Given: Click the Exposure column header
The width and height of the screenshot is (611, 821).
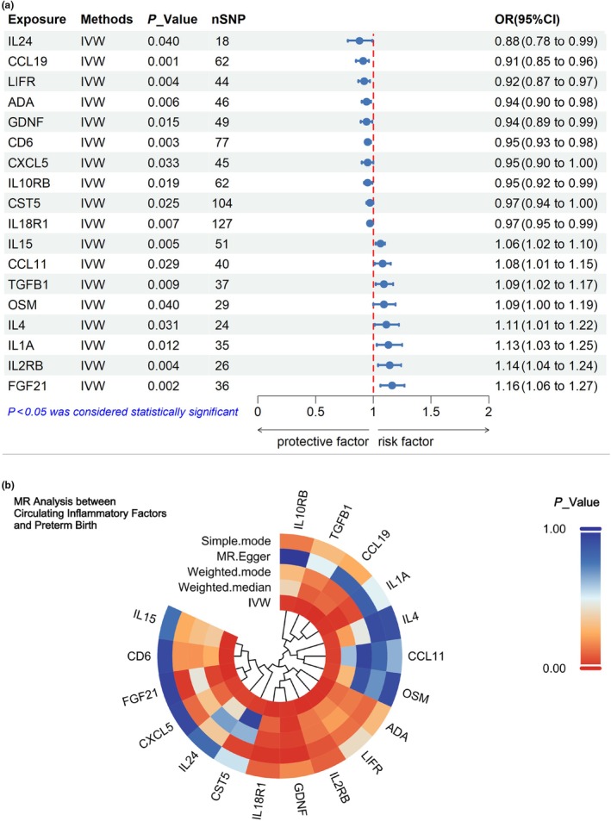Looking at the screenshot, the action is [x=37, y=19].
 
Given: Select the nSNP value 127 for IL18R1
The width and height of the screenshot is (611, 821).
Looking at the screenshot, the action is [x=222, y=224].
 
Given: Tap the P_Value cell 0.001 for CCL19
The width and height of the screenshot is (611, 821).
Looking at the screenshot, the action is [x=164, y=61].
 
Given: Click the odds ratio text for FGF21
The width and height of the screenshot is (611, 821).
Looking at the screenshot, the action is [x=546, y=386].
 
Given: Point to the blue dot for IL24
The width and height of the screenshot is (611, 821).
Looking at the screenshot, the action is [x=359, y=40].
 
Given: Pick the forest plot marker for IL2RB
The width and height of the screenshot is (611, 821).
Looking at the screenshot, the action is [x=390, y=365].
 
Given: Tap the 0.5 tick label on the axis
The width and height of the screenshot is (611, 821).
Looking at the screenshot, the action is [x=315, y=412].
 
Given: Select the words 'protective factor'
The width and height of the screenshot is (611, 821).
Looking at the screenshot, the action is [x=322, y=442].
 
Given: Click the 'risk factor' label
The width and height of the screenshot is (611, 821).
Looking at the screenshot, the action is [x=406, y=442].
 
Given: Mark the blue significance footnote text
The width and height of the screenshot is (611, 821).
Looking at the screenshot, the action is [x=123, y=412].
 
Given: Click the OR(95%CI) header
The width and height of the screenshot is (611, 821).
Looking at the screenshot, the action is [x=527, y=19].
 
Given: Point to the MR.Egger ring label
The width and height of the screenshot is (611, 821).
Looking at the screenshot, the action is [x=244, y=556].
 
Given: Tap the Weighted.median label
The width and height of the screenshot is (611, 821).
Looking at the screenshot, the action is [x=225, y=588].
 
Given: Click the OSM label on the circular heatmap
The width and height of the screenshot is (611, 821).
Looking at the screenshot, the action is [x=415, y=696].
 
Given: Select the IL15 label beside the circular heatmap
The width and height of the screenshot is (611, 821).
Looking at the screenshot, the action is [x=145, y=616].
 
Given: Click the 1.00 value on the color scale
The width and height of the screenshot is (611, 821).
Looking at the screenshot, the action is [x=554, y=529].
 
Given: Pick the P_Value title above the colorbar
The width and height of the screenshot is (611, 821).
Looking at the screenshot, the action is [x=577, y=502].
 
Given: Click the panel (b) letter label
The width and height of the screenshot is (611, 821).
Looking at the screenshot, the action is [x=9, y=485].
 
